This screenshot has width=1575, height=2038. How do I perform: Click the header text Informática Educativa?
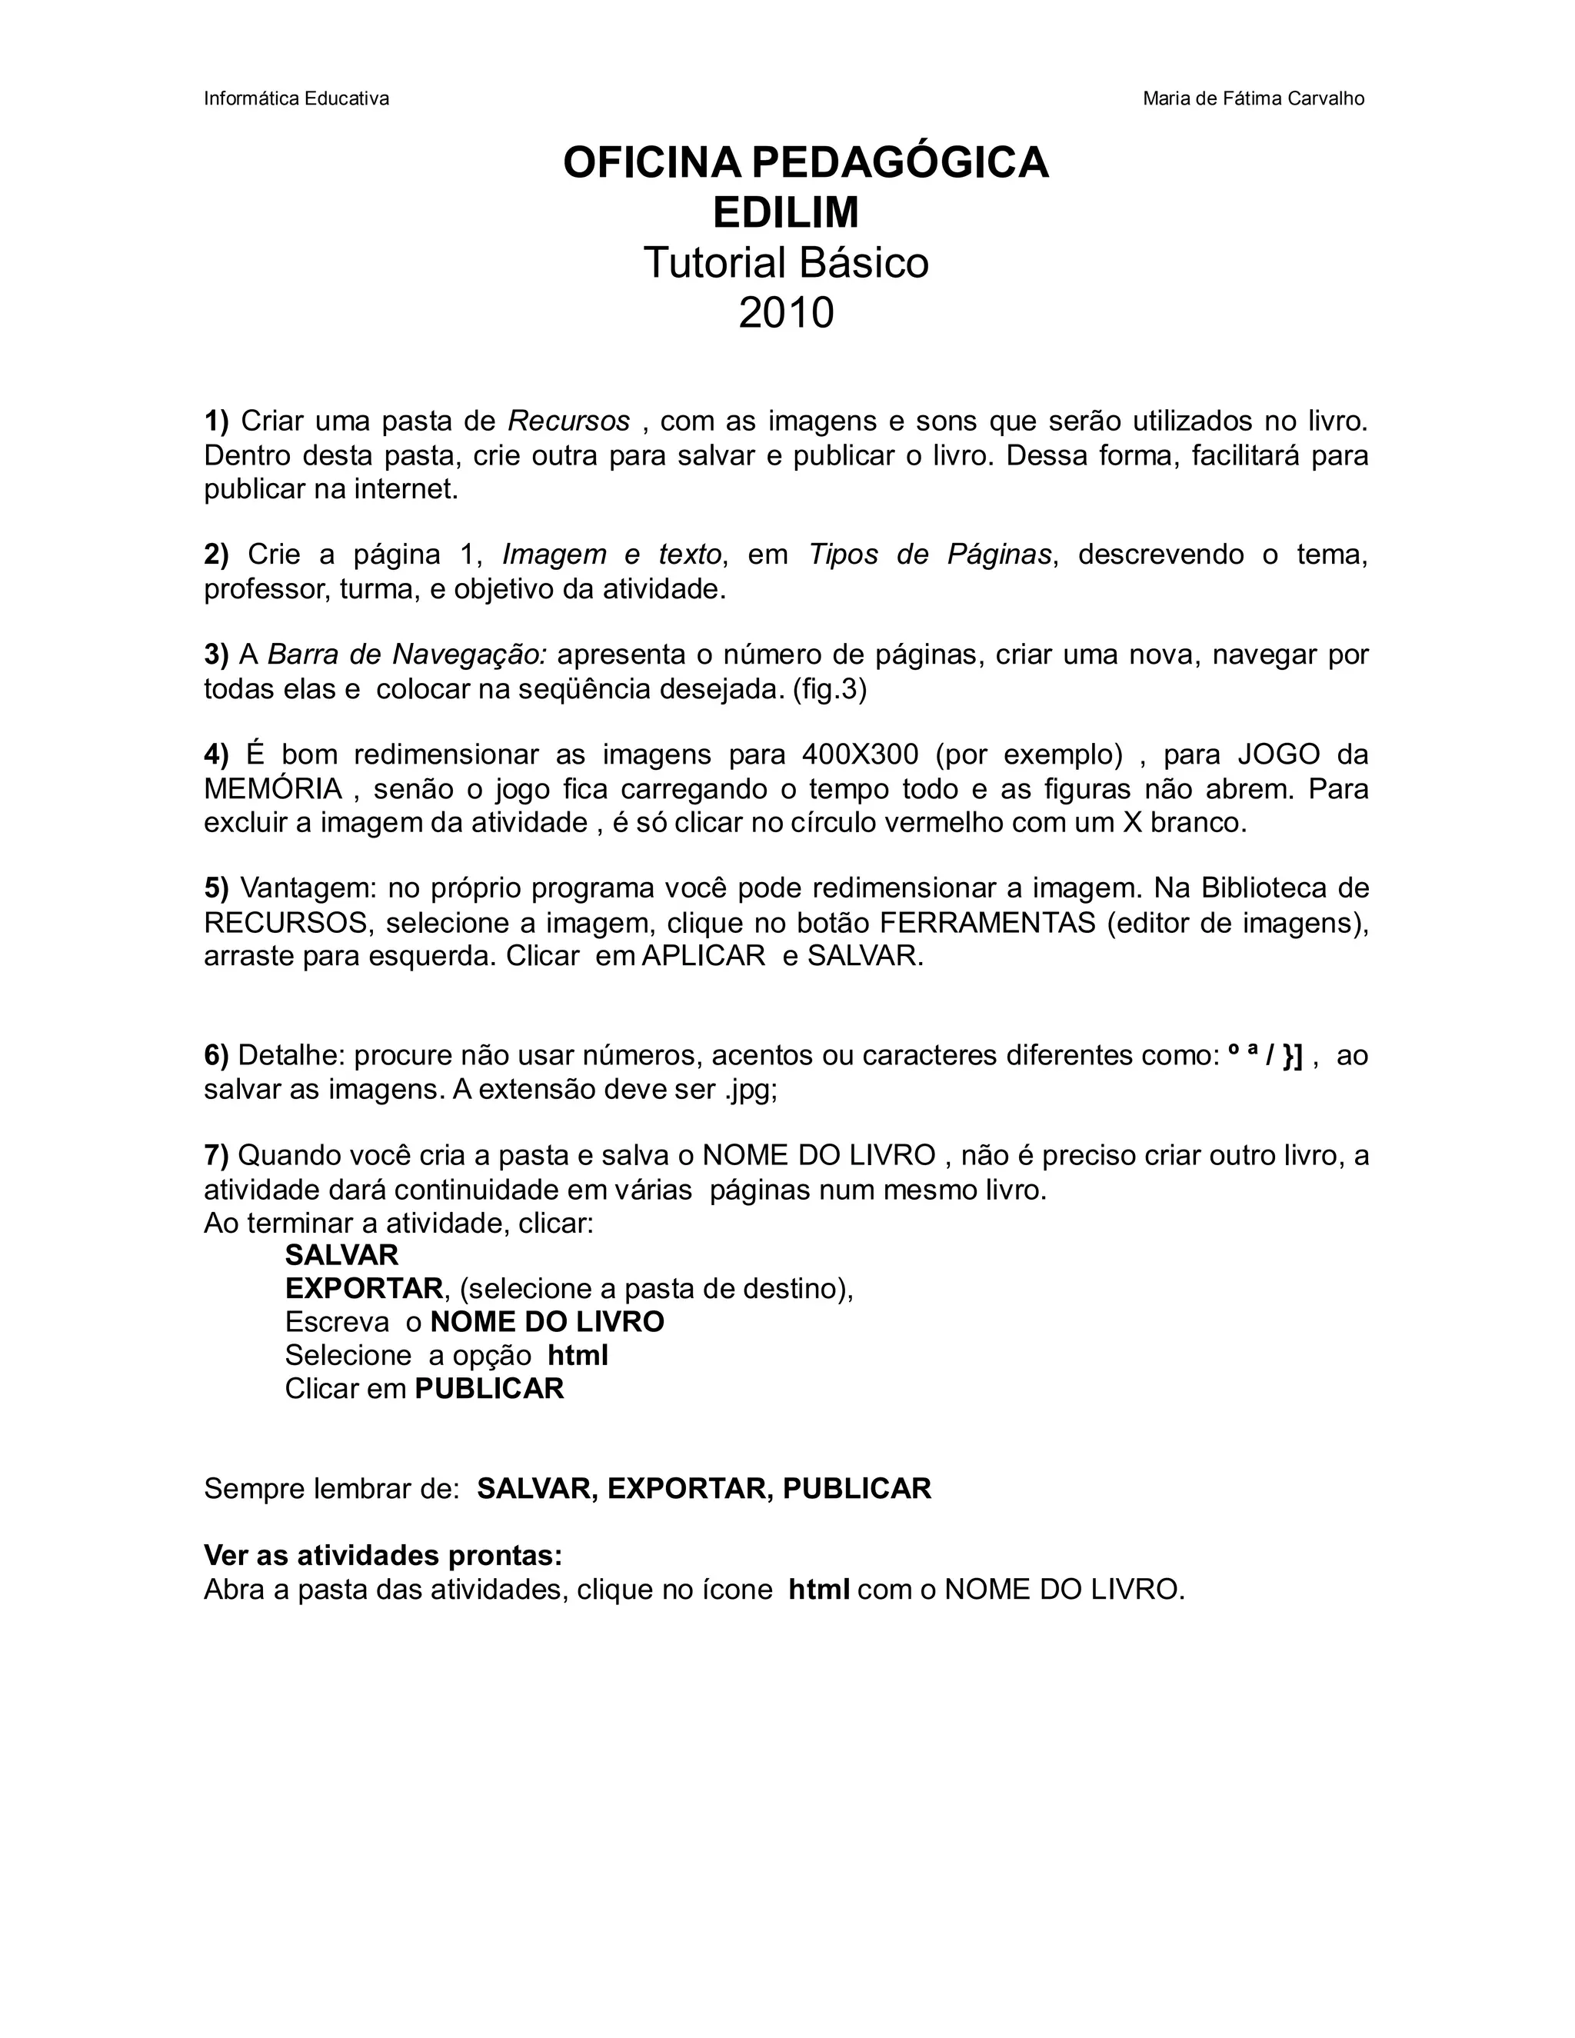[296, 99]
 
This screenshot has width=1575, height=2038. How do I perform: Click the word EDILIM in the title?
[786, 213]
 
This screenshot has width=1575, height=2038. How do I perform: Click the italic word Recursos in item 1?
[569, 421]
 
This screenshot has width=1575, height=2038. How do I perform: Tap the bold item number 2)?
[216, 554]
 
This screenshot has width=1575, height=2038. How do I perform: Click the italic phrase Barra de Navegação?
[407, 654]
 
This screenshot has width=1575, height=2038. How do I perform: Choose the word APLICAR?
[704, 957]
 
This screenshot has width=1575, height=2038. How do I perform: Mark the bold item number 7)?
[216, 1155]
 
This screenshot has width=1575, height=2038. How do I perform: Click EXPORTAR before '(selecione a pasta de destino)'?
[364, 1289]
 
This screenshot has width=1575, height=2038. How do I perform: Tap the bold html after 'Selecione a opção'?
[578, 1355]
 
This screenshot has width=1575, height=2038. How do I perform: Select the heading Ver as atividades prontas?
[382, 1556]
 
